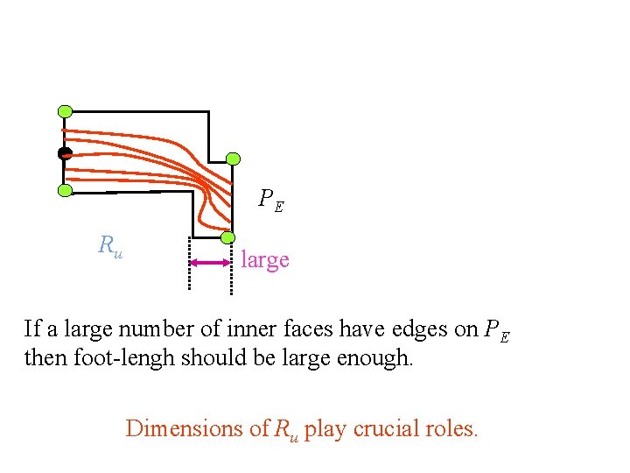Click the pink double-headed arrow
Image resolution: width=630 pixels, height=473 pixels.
pos(209,262)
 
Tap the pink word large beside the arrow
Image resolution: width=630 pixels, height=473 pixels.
pos(264,260)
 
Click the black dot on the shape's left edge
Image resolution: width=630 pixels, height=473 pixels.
pos(64,153)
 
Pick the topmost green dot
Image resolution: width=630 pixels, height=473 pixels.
pos(65,111)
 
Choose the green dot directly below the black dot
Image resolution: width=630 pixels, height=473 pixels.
pos(65,190)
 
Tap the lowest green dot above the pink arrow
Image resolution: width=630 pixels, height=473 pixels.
pos(227,237)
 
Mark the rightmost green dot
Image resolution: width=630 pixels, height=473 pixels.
pos(233,159)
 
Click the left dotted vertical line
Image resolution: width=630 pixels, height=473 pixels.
pos(189,262)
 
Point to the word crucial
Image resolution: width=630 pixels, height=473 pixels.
pos(383,428)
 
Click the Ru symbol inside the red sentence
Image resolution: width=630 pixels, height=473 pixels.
pos(285,429)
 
